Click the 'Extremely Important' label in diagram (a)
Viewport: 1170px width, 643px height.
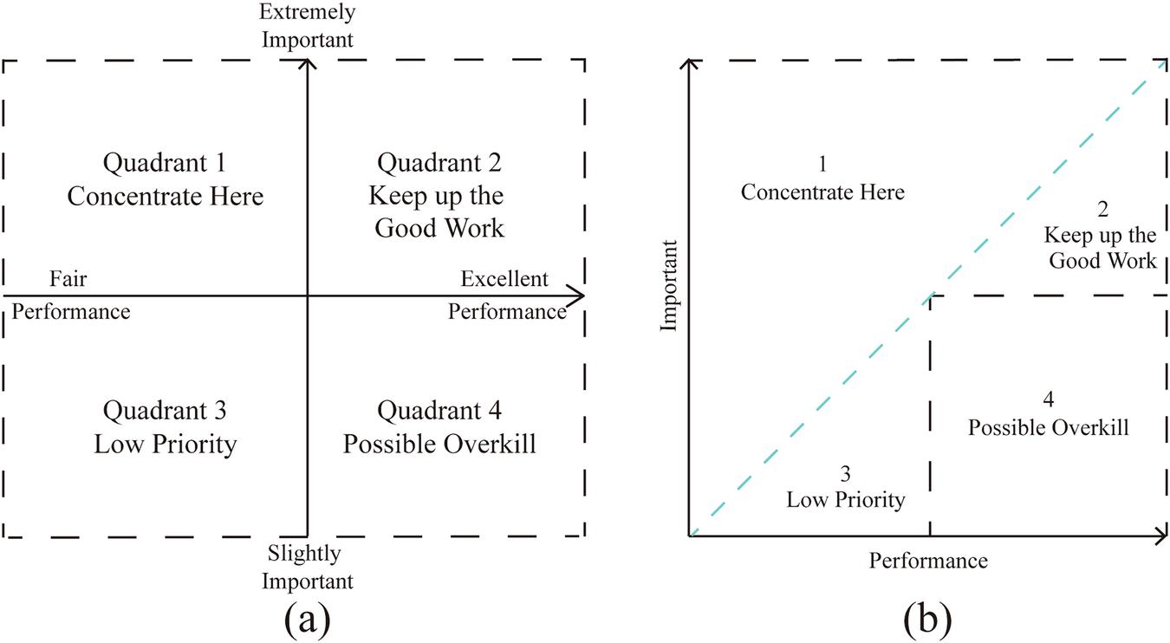[308, 26]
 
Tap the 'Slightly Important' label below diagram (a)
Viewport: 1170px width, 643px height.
[308, 567]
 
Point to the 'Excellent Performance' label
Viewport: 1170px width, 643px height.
[506, 295]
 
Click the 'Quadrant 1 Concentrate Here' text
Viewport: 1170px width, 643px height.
[166, 179]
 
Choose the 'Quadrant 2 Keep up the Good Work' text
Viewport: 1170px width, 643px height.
[439, 195]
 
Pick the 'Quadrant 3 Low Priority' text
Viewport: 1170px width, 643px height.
[166, 427]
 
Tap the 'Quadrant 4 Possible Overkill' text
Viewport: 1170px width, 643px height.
[439, 427]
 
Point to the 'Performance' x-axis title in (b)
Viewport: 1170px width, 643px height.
[928, 561]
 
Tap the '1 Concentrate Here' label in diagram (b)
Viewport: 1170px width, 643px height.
[822, 179]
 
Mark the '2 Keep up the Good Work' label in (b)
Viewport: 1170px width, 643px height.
[1101, 235]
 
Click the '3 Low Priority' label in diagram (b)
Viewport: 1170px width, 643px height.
[845, 487]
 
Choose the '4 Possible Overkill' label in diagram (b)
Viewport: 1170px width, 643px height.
[1048, 414]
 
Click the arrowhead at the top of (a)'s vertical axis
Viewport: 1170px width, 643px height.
[308, 65]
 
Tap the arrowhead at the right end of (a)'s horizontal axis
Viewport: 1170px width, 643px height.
[576, 296]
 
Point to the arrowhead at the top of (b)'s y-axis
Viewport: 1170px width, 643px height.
[690, 65]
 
